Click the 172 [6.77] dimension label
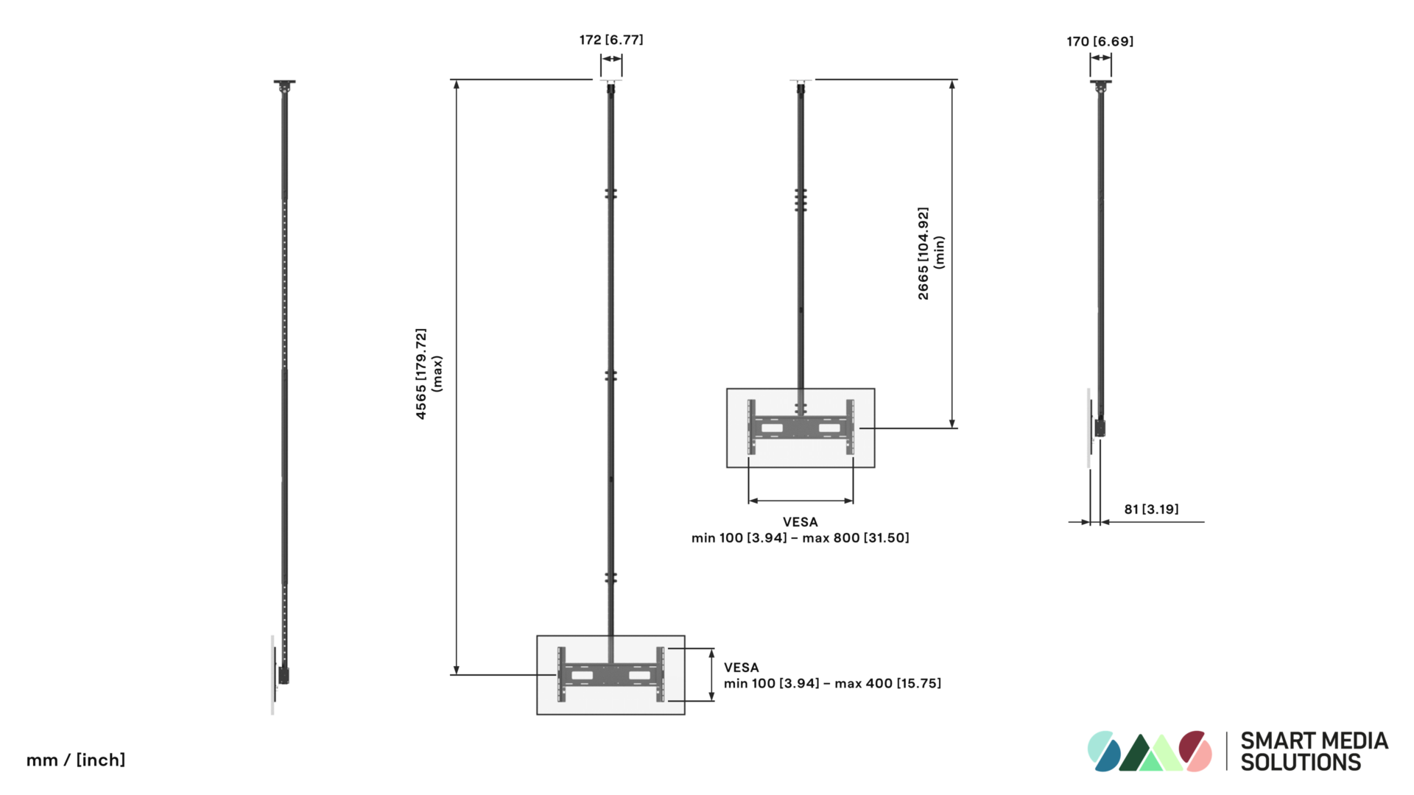611,40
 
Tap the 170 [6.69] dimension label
1100,41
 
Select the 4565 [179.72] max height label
429,374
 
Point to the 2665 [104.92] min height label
931,253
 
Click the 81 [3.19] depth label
1151,509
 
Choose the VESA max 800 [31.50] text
801,530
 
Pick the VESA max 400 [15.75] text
832,676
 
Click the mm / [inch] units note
76,760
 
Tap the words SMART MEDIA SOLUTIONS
1315,752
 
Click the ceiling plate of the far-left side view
284,82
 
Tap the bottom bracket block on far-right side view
1100,428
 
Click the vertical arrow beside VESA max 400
711,675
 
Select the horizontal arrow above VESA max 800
801,501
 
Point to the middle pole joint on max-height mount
611,375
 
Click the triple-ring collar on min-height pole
801,200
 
